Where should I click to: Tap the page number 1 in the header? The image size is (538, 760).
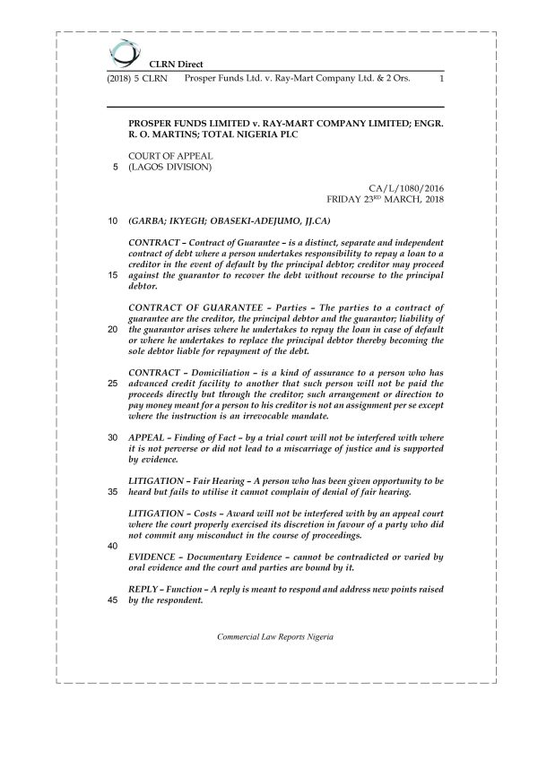pyautogui.click(x=441, y=80)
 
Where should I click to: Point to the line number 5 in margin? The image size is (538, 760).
pyautogui.click(x=114, y=167)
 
